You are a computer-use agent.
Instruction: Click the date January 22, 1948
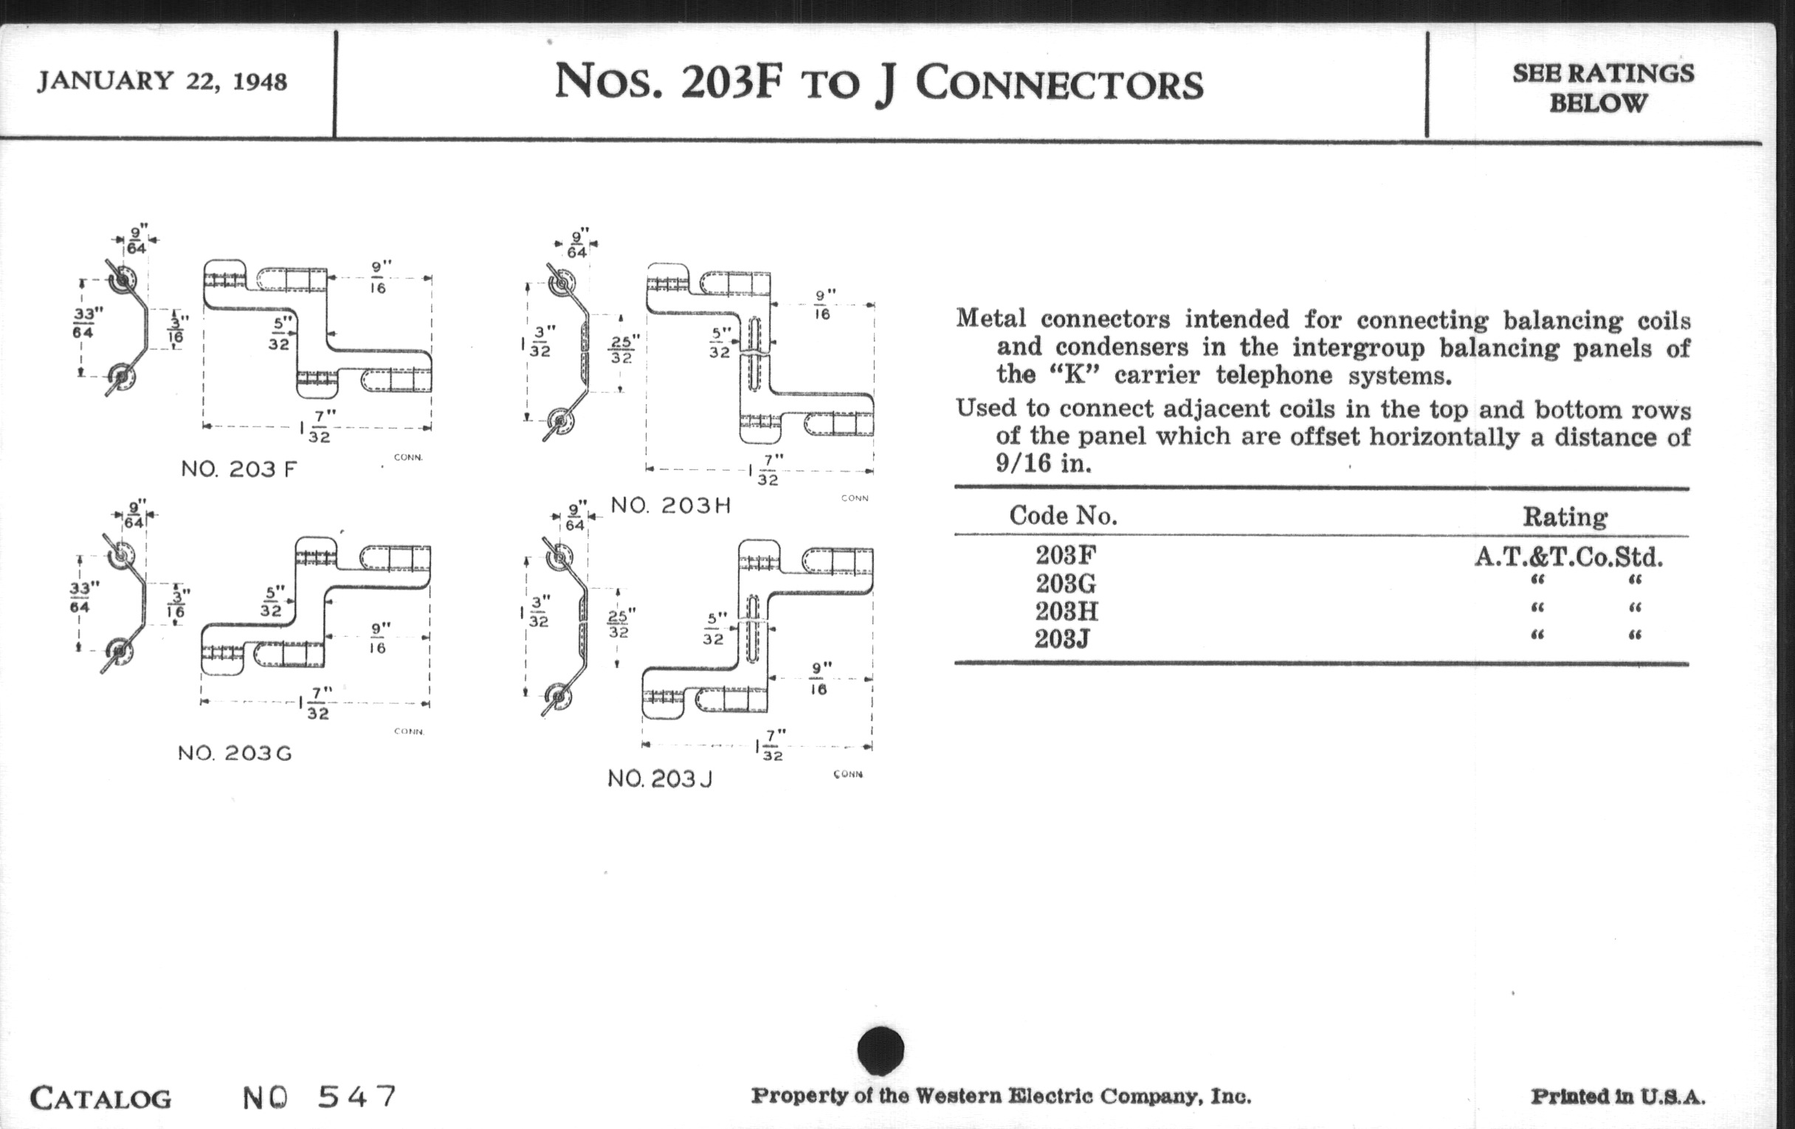click(162, 80)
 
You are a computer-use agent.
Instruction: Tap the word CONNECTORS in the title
click(1059, 83)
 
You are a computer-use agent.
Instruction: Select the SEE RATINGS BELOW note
click(1602, 88)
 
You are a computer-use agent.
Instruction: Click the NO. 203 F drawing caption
click(238, 469)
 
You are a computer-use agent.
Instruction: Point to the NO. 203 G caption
click(235, 753)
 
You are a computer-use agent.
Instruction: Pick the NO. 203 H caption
click(671, 505)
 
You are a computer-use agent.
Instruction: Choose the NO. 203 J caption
click(660, 778)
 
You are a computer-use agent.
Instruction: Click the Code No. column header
click(1063, 516)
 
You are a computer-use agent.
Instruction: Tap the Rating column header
click(1565, 517)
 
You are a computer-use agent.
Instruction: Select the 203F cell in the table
click(1066, 555)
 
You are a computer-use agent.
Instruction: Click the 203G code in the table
click(1066, 583)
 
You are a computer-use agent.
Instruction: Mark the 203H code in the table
click(1066, 611)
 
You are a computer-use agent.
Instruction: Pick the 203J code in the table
click(1062, 638)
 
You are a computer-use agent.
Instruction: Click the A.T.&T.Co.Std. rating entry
click(1568, 556)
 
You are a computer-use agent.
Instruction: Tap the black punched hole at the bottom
click(881, 1050)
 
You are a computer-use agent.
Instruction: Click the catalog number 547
click(357, 1097)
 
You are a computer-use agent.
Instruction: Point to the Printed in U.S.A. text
click(1618, 1097)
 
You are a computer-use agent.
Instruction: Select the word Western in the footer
click(958, 1097)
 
